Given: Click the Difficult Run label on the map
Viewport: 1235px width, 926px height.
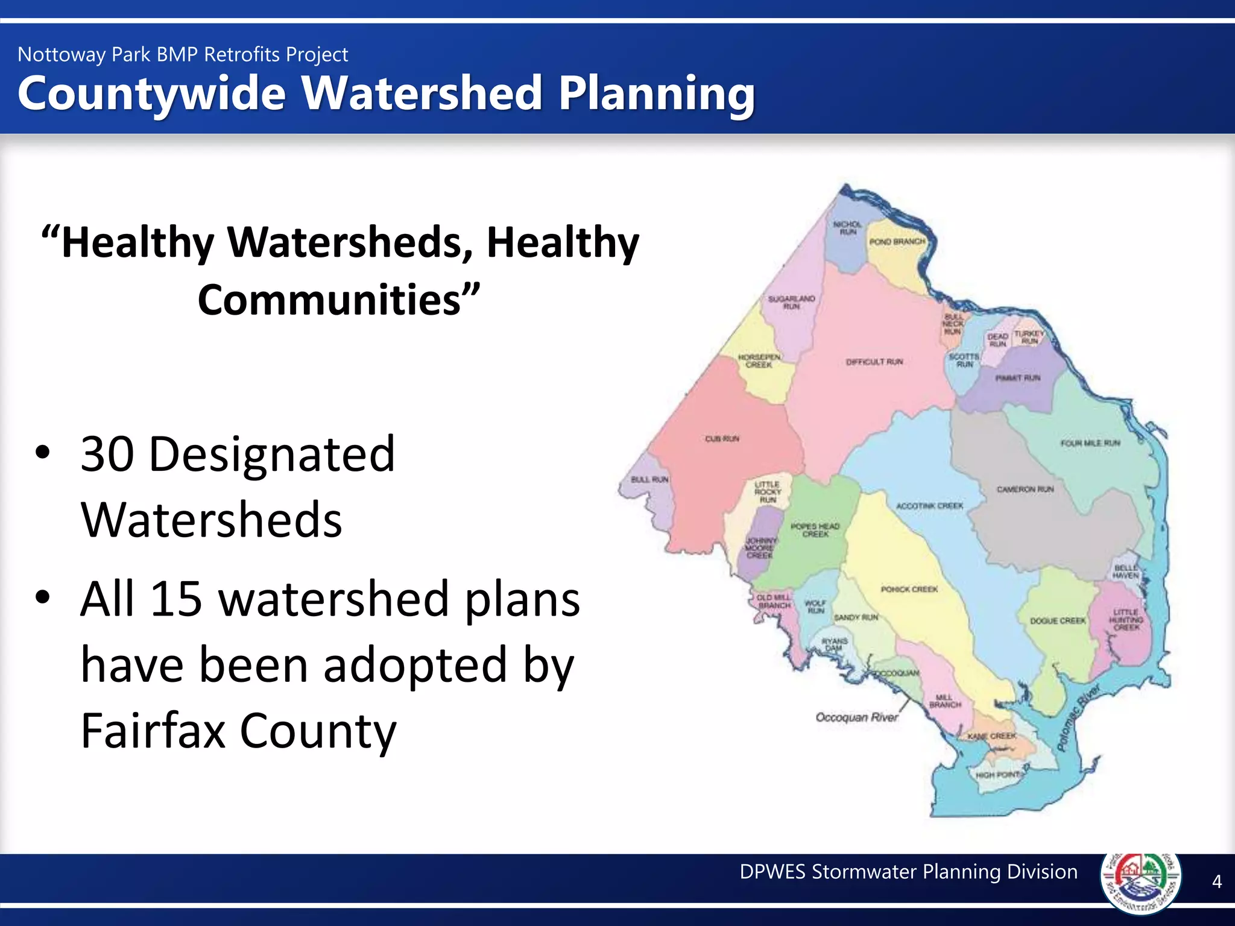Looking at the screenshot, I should point(874,362).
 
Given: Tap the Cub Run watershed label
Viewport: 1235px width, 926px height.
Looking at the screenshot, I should point(722,438).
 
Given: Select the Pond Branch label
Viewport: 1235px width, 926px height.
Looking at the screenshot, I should point(897,241).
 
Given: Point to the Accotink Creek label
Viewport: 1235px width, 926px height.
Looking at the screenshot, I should point(929,506).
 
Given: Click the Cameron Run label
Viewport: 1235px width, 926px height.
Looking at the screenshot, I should point(1025,489).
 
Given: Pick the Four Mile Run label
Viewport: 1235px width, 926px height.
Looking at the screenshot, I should point(1090,443).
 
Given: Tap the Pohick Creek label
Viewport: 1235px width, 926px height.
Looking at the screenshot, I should point(909,589).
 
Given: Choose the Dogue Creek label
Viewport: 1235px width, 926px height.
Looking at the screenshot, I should point(1058,620).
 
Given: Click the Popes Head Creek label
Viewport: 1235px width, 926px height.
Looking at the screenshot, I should point(815,530).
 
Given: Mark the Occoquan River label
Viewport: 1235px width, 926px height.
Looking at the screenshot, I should point(856,717).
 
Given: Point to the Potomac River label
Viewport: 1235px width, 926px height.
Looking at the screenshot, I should point(1079,717).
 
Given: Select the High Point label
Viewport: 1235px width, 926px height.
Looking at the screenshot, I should point(998,775).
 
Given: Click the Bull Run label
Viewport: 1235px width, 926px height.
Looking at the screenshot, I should point(649,479).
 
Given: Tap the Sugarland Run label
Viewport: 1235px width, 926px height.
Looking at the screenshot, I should point(791,302).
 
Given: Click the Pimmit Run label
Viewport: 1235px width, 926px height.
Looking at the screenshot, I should point(1018,378).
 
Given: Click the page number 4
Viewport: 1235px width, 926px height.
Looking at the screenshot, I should point(1217,881).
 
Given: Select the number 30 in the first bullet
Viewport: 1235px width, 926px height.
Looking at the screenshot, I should point(107,454).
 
